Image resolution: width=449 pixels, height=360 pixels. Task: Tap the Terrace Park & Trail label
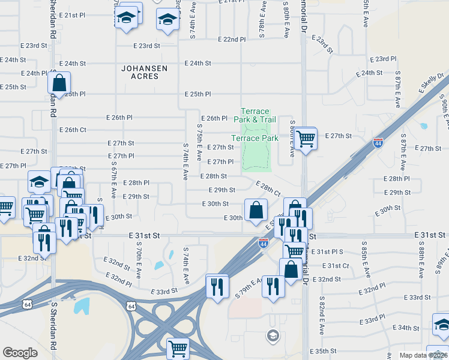(255, 115)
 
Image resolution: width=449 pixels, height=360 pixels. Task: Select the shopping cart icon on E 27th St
(306, 139)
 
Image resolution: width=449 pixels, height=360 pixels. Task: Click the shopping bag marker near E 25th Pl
(59, 84)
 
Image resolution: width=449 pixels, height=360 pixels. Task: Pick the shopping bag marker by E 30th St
(256, 211)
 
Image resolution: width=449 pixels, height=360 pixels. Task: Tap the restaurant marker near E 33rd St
(217, 286)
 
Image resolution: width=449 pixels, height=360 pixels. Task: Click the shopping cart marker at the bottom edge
(178, 349)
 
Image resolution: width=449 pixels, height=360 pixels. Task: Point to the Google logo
(20, 353)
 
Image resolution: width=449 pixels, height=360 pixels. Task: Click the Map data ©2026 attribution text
(423, 355)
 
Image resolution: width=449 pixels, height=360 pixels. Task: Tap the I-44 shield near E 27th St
(378, 143)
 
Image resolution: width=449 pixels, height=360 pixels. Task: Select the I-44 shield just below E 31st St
(263, 243)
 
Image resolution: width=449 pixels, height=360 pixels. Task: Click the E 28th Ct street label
(268, 188)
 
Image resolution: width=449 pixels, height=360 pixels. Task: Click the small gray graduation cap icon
(273, 335)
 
